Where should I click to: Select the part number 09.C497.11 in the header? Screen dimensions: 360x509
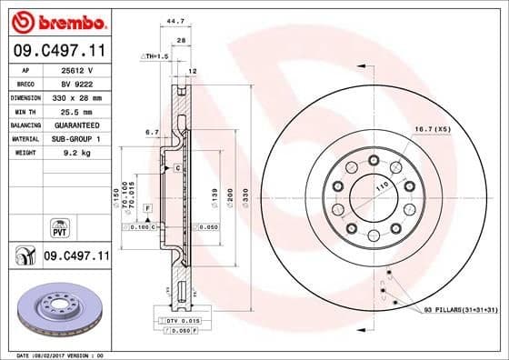pos(57,51)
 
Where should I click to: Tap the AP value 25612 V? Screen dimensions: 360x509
pos(78,69)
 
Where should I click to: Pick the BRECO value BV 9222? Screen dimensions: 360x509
pos(78,83)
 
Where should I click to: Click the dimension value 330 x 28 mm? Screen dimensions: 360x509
pos(78,96)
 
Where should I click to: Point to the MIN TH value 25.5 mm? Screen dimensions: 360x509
pos(78,110)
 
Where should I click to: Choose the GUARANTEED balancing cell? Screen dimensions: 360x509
pos(78,125)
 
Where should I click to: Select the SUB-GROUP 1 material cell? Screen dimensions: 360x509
pos(78,138)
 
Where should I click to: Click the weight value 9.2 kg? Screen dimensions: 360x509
pos(78,153)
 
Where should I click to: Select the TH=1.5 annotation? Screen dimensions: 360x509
pos(155,56)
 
